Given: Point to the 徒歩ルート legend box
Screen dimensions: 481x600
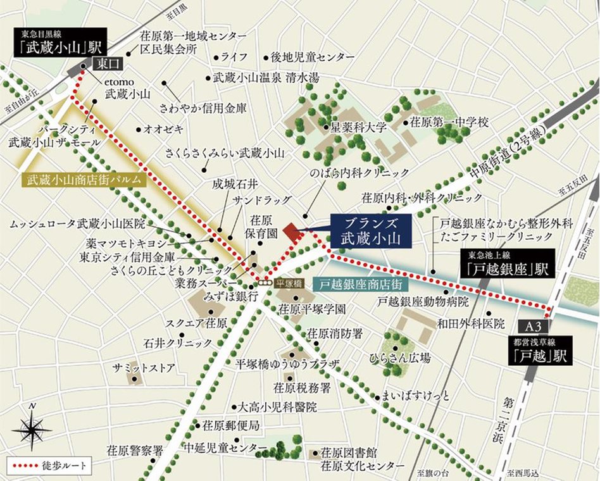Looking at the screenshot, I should pos(47,466).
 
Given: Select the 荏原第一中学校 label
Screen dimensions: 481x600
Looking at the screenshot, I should pos(449,122).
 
